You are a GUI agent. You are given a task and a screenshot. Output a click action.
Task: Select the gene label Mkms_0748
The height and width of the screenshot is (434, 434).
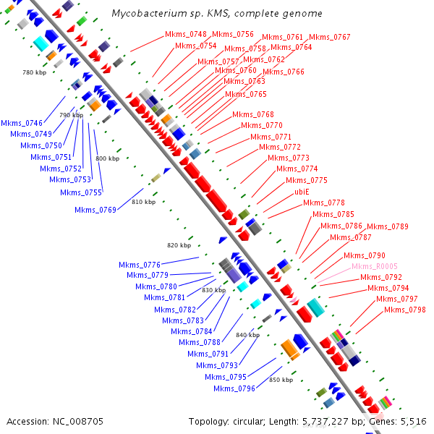[x=186, y=34]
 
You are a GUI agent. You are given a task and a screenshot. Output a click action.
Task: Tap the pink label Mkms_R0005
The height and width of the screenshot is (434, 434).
[x=375, y=266]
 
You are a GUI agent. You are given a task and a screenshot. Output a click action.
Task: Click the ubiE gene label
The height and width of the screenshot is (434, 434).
[x=302, y=192]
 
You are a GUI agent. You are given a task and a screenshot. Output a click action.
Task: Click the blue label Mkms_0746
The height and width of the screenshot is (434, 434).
[x=22, y=123]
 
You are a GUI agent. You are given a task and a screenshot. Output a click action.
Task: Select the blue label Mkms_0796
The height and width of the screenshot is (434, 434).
[x=234, y=388]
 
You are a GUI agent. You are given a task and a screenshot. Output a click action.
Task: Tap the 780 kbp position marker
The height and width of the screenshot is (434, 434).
[x=34, y=72]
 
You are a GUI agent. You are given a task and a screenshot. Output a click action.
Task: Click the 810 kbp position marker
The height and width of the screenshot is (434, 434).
[x=143, y=202]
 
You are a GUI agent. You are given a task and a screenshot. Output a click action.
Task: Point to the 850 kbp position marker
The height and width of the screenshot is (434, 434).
[x=281, y=380]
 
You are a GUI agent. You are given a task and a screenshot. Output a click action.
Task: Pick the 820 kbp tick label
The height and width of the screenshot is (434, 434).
[x=179, y=245]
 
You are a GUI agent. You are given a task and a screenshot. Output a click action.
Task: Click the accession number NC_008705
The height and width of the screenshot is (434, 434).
[x=55, y=421]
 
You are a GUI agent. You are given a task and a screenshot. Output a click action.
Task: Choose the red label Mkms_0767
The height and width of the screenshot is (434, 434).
[x=330, y=37]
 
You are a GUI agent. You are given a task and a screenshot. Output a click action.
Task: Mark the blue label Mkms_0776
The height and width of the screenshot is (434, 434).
[x=140, y=265]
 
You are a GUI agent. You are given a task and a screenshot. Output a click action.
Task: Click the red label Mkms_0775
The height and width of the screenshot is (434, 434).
[x=306, y=180]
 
